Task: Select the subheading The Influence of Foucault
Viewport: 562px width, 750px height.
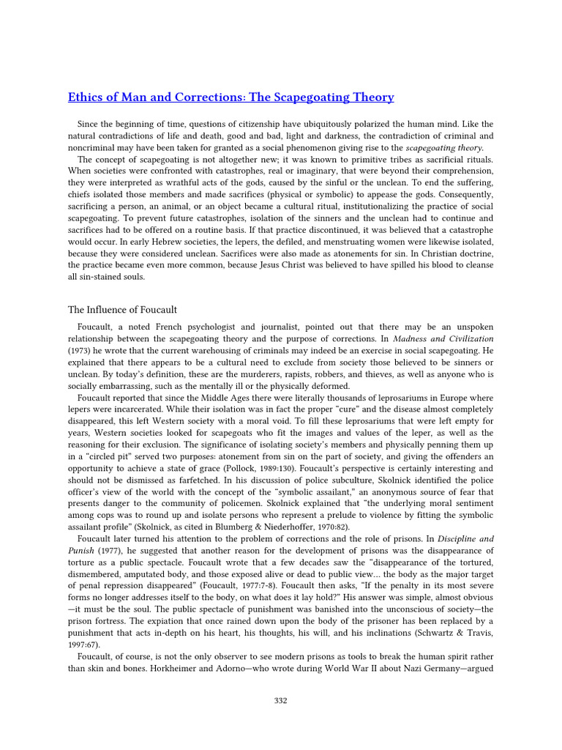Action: (123, 310)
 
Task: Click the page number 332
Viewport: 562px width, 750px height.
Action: (280, 701)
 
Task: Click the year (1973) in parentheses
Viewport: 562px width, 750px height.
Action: (83, 352)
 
